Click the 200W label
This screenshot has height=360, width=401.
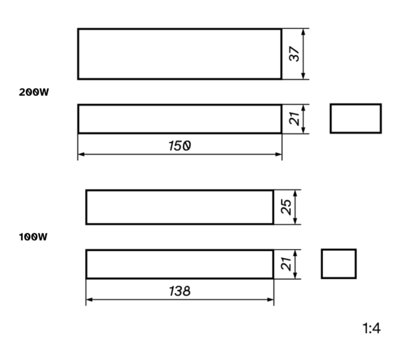34,92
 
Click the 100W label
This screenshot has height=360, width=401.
33,237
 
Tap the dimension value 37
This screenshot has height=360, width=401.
294,54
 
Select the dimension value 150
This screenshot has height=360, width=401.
179,146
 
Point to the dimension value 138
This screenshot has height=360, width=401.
179,291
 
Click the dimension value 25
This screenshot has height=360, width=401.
286,207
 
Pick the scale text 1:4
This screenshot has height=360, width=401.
372,328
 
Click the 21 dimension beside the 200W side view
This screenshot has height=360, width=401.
294,119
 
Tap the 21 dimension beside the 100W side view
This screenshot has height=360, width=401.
286,264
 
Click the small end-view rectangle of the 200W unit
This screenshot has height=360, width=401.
356,104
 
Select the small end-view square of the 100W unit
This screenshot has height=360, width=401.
339,249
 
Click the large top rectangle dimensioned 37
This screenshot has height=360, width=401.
180,29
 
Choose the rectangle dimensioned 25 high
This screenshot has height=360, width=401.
180,190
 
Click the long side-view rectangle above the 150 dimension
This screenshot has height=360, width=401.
180,104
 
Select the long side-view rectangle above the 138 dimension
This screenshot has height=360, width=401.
180,250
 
